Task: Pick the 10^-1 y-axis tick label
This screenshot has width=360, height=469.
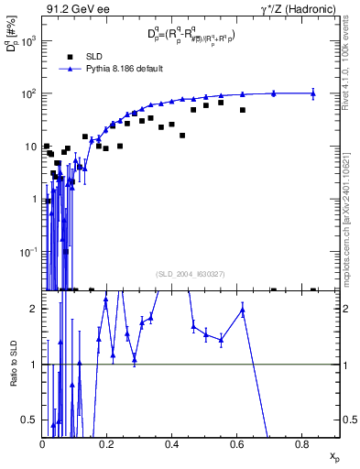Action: tap(27, 251)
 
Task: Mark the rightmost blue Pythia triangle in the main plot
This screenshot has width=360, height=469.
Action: tap(313, 93)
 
